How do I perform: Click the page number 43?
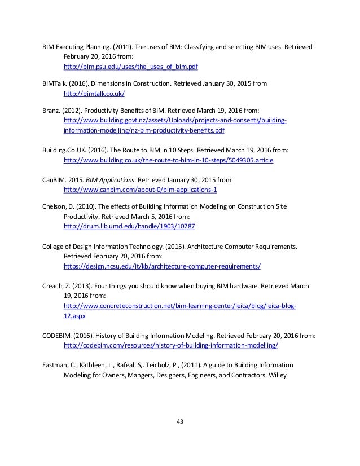click(x=180, y=421)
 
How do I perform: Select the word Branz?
click(x=52, y=111)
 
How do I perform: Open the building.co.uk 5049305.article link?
click(x=169, y=161)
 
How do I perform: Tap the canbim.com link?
click(x=132, y=190)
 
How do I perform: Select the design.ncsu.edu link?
click(x=162, y=265)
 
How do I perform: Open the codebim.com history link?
click(x=171, y=345)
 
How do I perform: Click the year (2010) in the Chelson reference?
click(x=86, y=206)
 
